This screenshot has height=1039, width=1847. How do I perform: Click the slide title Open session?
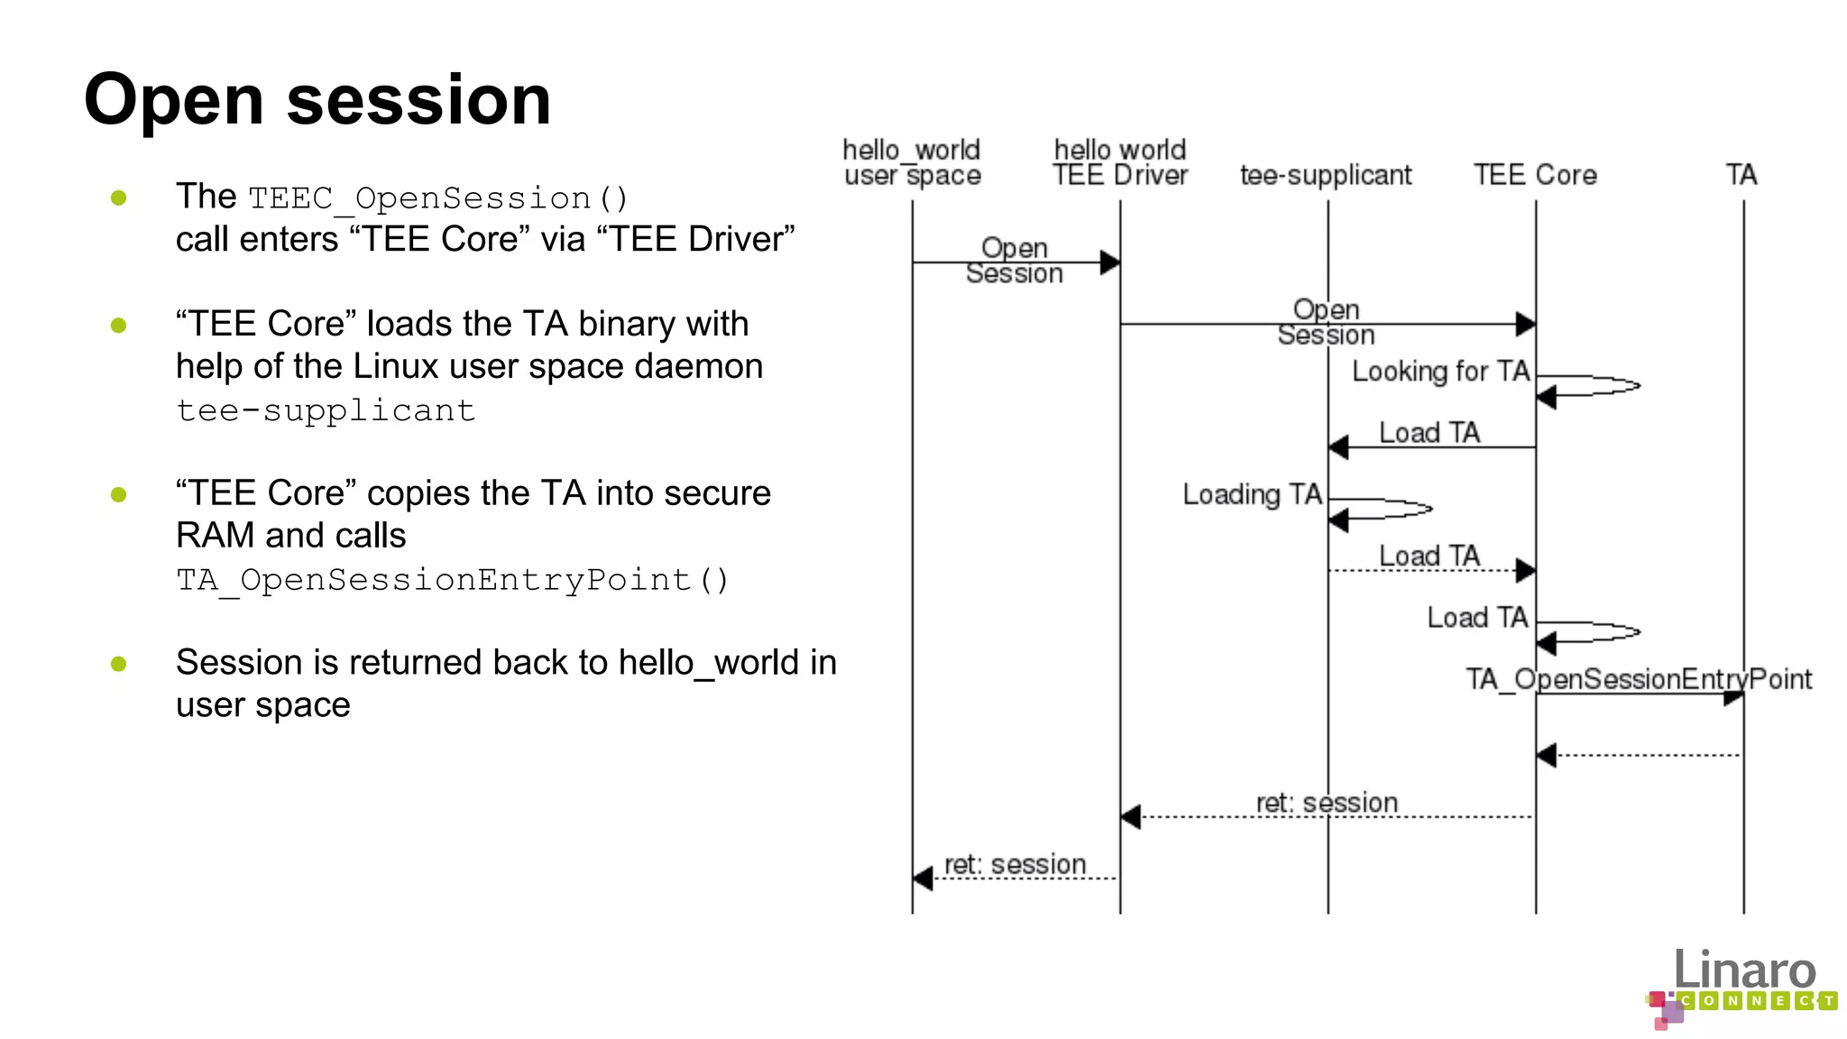pyautogui.click(x=317, y=99)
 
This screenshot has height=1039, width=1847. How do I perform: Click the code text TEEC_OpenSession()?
pyautogui.click(x=438, y=198)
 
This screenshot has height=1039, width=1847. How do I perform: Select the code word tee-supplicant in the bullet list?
pyautogui.click(x=326, y=410)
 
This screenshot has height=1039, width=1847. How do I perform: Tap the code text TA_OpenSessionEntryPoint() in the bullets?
pyautogui.click(x=452, y=580)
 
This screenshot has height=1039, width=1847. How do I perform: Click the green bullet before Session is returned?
pyautogui.click(x=118, y=665)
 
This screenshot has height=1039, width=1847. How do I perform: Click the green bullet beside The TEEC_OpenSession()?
pyautogui.click(x=118, y=198)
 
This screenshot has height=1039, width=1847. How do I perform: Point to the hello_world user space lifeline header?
pyautogui.click(x=912, y=162)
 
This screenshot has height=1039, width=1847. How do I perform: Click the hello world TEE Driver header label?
pyautogui.click(x=1120, y=162)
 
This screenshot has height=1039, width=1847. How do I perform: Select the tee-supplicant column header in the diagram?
pyautogui.click(x=1326, y=175)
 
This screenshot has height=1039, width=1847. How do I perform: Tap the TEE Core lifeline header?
pyautogui.click(x=1535, y=175)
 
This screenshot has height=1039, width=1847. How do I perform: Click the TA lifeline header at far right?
pyautogui.click(x=1741, y=175)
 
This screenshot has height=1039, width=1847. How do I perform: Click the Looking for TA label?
pyautogui.click(x=1440, y=371)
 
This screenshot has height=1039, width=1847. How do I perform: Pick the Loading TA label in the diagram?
pyautogui.click(x=1252, y=494)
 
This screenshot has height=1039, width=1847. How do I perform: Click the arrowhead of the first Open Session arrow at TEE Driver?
pyautogui.click(x=1110, y=262)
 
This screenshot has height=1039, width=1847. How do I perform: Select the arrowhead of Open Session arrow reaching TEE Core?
pyautogui.click(x=1526, y=324)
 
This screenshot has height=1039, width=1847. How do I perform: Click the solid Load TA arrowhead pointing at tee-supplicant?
pyautogui.click(x=1339, y=447)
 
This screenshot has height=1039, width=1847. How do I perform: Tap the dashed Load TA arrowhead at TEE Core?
pyautogui.click(x=1526, y=570)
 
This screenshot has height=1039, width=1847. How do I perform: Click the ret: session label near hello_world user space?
pyautogui.click(x=1015, y=864)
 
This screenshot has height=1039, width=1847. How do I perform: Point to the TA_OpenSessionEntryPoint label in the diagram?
pyautogui.click(x=1638, y=679)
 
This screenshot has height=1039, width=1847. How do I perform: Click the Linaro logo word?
pyautogui.click(x=1744, y=971)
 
